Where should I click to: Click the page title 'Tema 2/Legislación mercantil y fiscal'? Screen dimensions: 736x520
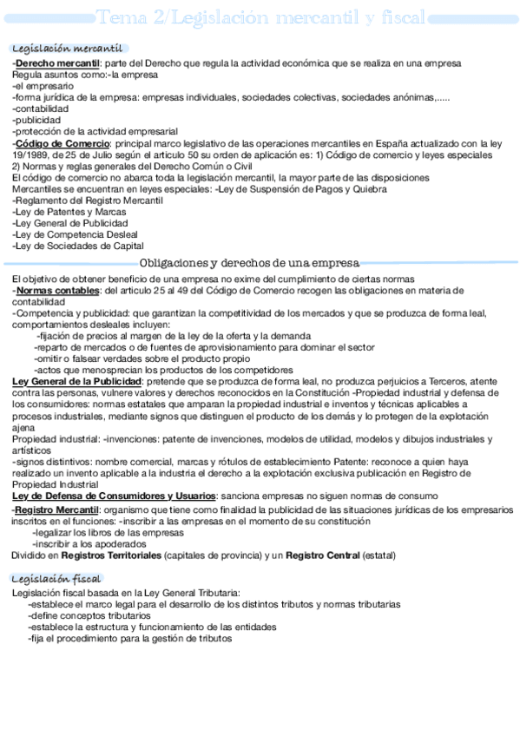[260, 17]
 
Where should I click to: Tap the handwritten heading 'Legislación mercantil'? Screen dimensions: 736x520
[66, 49]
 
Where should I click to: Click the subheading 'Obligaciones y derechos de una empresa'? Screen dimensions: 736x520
[249, 263]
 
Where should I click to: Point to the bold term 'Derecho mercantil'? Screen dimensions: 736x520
[57, 63]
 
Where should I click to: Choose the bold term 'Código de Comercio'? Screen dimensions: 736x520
[62, 143]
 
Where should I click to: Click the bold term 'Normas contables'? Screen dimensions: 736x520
[57, 291]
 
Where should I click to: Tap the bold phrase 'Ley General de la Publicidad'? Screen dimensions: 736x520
[76, 381]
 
